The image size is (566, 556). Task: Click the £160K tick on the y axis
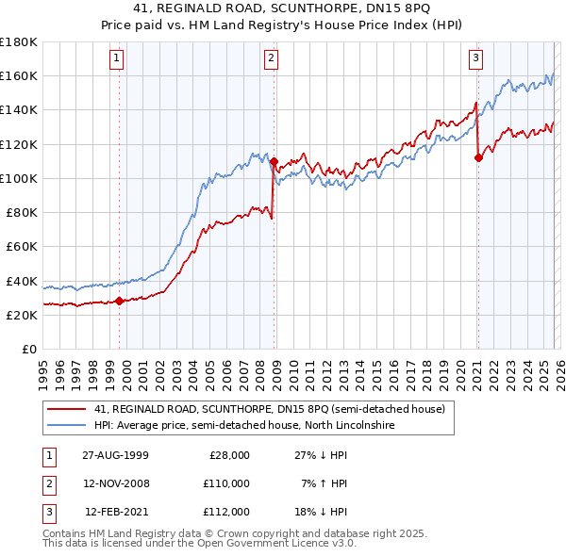pyautogui.click(x=19, y=75)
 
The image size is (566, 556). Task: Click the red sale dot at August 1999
pyautogui.click(x=120, y=302)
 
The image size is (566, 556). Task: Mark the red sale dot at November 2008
pyautogui.click(x=274, y=161)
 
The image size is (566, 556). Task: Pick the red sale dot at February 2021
pyautogui.click(x=478, y=157)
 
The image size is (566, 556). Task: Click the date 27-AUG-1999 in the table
pyautogui.click(x=115, y=455)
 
